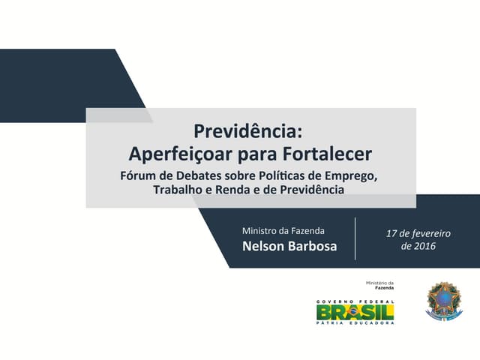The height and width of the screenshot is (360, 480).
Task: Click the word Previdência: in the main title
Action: tap(248, 131)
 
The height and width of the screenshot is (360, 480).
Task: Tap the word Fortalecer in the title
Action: tap(328, 154)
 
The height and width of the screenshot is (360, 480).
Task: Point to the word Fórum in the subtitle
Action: tap(139, 176)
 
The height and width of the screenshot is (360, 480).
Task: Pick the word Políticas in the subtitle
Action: tap(278, 176)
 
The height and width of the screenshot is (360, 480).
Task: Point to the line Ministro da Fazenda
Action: tap(289, 230)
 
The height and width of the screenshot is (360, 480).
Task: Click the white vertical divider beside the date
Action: tap(355, 238)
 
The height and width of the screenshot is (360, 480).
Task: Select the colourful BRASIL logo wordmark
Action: tap(355, 310)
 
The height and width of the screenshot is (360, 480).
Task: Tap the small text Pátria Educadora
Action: tap(355, 323)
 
